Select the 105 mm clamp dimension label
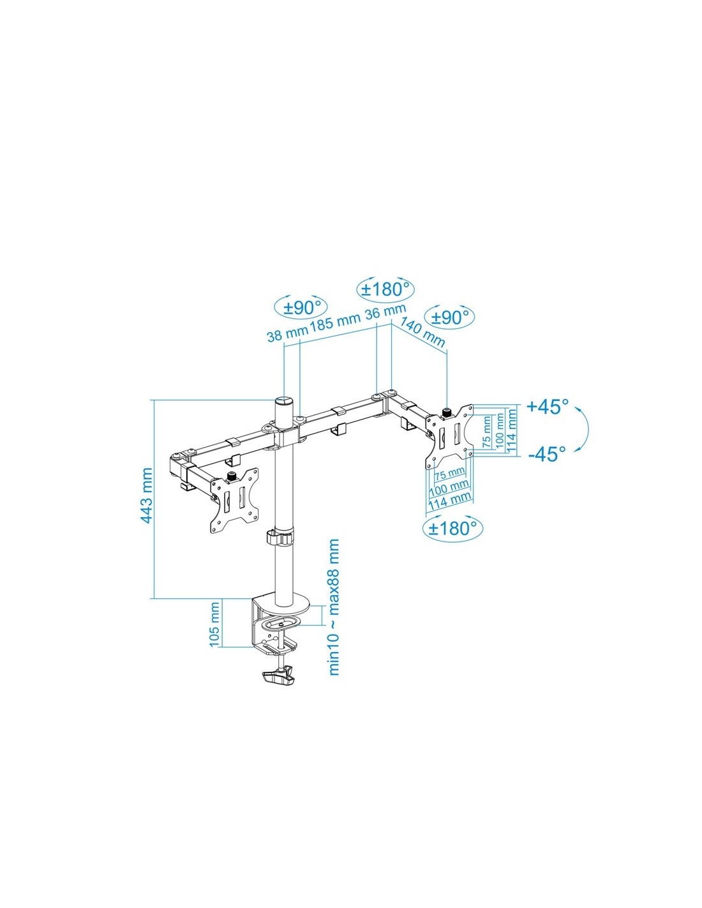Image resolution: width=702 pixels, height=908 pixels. coord(214,630)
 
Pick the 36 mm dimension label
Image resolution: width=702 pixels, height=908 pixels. coord(385,312)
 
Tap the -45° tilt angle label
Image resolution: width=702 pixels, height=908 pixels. coord(548,454)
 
